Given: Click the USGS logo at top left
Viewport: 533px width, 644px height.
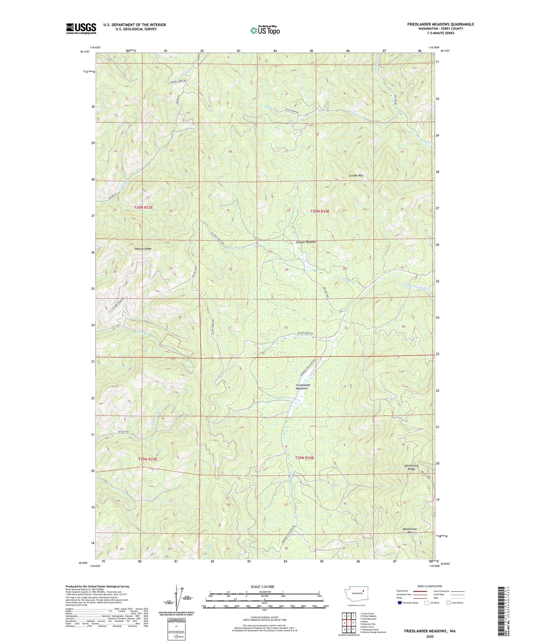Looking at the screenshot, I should (81, 28).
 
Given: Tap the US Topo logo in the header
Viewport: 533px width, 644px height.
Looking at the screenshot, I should (264, 30).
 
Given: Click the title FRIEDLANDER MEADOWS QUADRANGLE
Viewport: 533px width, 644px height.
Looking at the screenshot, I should (440, 24).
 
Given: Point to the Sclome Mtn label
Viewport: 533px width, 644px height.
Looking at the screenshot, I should (356, 176).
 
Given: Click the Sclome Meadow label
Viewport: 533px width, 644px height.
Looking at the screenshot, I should (306, 242).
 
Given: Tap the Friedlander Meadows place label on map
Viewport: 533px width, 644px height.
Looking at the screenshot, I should (303, 387).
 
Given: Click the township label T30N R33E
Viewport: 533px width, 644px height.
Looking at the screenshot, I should (143, 208).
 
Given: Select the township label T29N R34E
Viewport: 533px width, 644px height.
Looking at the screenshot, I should (305, 458).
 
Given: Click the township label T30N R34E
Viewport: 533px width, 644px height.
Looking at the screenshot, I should (319, 211).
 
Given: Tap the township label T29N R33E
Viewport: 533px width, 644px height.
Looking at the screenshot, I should (148, 459).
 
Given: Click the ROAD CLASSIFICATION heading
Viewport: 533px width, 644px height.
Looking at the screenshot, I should (430, 586).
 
